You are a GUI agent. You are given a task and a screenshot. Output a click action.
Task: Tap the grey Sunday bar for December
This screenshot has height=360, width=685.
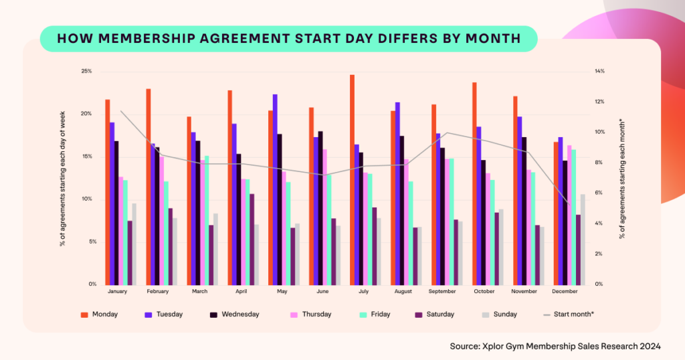pos(583,239)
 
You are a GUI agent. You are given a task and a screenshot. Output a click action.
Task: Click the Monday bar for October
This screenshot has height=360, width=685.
pos(474,183)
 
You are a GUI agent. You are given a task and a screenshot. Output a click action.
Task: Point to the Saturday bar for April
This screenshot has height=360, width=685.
pos(252,239)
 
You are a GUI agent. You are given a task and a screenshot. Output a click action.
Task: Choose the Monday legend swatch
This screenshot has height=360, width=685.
pos(84,314)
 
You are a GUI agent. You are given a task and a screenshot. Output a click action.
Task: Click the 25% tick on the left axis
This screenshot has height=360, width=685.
pos(86,72)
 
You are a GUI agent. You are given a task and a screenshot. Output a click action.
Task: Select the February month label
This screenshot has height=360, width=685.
pos(158,292)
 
